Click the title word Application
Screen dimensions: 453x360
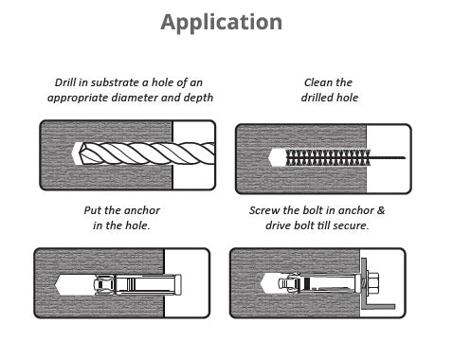(222, 23)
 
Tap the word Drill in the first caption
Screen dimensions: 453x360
(65, 82)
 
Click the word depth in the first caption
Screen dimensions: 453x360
(198, 98)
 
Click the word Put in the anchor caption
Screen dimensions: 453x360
(93, 210)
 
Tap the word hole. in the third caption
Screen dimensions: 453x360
(137, 225)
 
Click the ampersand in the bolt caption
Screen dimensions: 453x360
(381, 210)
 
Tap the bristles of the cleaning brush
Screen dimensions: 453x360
(328, 157)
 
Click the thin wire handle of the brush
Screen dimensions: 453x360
(388, 157)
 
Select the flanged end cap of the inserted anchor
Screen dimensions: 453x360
(177, 284)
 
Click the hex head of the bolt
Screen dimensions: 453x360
(373, 283)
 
